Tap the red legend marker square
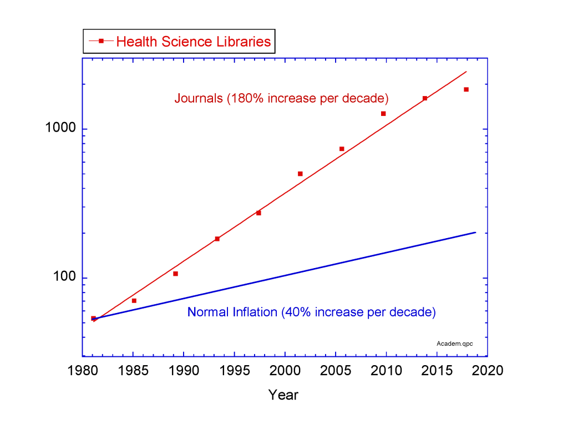(101, 41)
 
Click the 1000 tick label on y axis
(60, 129)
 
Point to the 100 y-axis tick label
(64, 277)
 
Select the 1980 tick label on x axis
(83, 371)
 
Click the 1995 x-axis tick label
(235, 371)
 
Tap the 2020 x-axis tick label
(488, 371)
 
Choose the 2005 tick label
(336, 371)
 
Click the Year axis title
(283, 395)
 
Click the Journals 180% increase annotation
(281, 99)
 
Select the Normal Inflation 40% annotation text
(311, 312)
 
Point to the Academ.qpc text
(455, 344)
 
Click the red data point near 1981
(93, 318)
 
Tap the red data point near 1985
(134, 300)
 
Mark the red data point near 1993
(217, 239)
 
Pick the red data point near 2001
(300, 174)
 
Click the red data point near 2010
(383, 113)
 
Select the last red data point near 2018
(466, 89)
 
